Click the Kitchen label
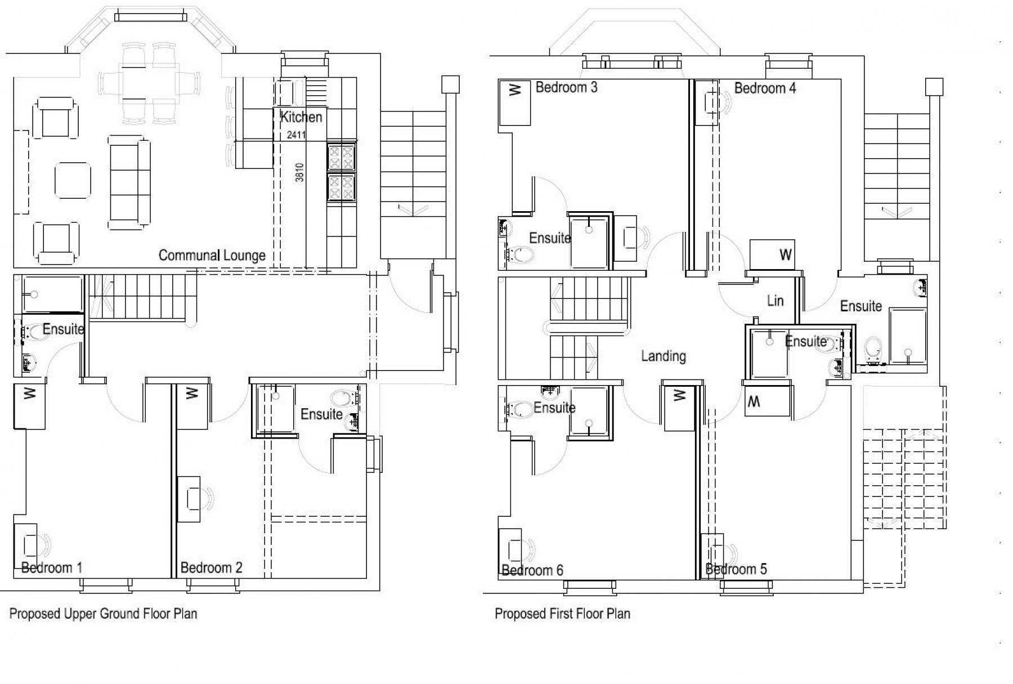pyautogui.click(x=301, y=117)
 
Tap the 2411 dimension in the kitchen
pyautogui.click(x=296, y=135)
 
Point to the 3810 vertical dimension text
pyautogui.click(x=299, y=172)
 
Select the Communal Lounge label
pyautogui.click(x=212, y=256)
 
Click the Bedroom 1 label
pyautogui.click(x=51, y=567)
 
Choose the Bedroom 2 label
pyautogui.click(x=211, y=567)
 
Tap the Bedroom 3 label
pyautogui.click(x=566, y=87)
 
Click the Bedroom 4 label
pyautogui.click(x=765, y=88)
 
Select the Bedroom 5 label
pyautogui.click(x=736, y=569)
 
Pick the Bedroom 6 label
pyautogui.click(x=532, y=570)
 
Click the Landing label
pyautogui.click(x=664, y=356)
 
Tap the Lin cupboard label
pyautogui.click(x=775, y=301)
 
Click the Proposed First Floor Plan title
pyautogui.click(x=562, y=614)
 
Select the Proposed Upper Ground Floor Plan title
pyautogui.click(x=103, y=614)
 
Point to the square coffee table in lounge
pyautogui.click(x=73, y=181)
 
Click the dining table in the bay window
pyautogui.click(x=149, y=84)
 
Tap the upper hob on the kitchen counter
pyautogui.click(x=342, y=157)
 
